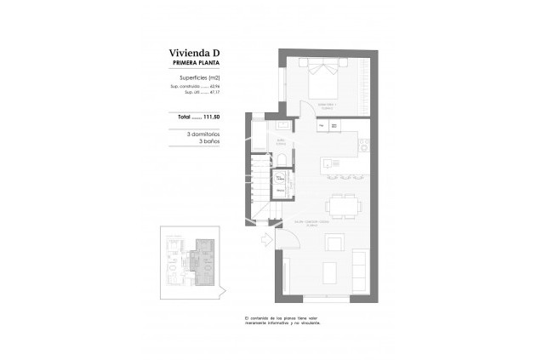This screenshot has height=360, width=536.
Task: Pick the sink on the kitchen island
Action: pyautogui.click(x=328, y=162)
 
